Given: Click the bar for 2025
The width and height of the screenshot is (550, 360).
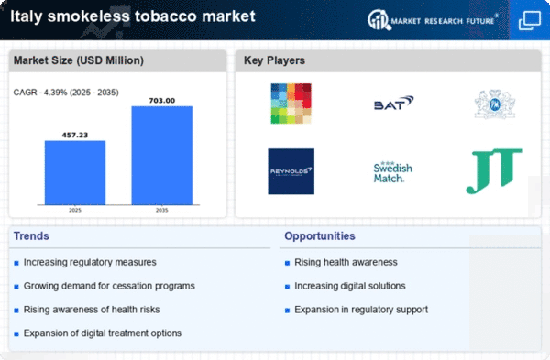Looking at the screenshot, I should (74, 173).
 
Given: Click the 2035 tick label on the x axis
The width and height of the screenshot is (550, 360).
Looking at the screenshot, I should (161, 210).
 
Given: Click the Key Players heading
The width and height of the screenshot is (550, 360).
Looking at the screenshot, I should (273, 60).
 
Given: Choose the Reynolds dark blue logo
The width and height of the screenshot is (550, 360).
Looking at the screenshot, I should (291, 171).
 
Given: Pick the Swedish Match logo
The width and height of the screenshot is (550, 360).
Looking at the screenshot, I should (392, 171).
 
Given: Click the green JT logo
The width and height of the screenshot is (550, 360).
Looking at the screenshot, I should (493, 171).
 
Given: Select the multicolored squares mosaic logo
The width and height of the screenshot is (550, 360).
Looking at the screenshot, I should (291, 104).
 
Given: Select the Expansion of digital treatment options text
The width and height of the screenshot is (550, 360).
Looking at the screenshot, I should (103, 332).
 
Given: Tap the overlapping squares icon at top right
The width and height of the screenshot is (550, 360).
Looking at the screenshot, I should (529, 19).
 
